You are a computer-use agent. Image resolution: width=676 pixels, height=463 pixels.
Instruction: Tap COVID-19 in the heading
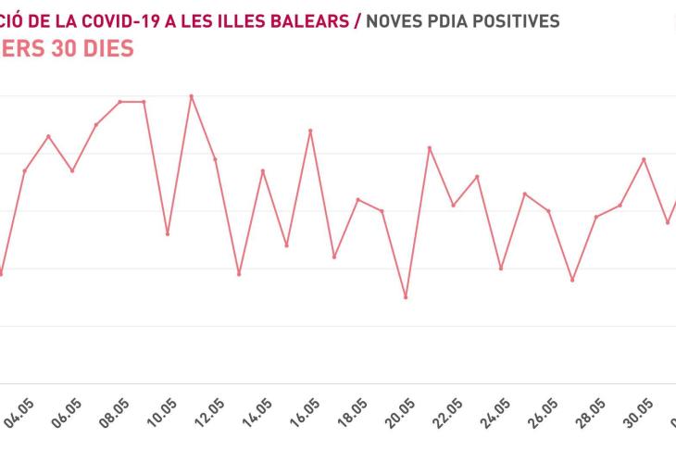[117, 21]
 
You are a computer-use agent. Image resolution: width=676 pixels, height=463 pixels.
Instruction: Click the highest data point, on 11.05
[192, 96]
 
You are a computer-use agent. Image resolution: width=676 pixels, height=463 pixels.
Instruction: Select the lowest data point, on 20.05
[406, 297]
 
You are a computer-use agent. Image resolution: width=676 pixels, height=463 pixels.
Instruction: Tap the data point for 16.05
[310, 131]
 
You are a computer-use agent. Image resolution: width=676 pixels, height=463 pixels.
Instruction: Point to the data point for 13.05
[239, 274]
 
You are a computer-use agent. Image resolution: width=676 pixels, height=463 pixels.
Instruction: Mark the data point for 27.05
[572, 280]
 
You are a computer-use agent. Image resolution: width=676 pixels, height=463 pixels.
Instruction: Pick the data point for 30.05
[644, 159]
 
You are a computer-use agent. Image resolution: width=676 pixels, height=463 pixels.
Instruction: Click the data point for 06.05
[72, 170]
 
